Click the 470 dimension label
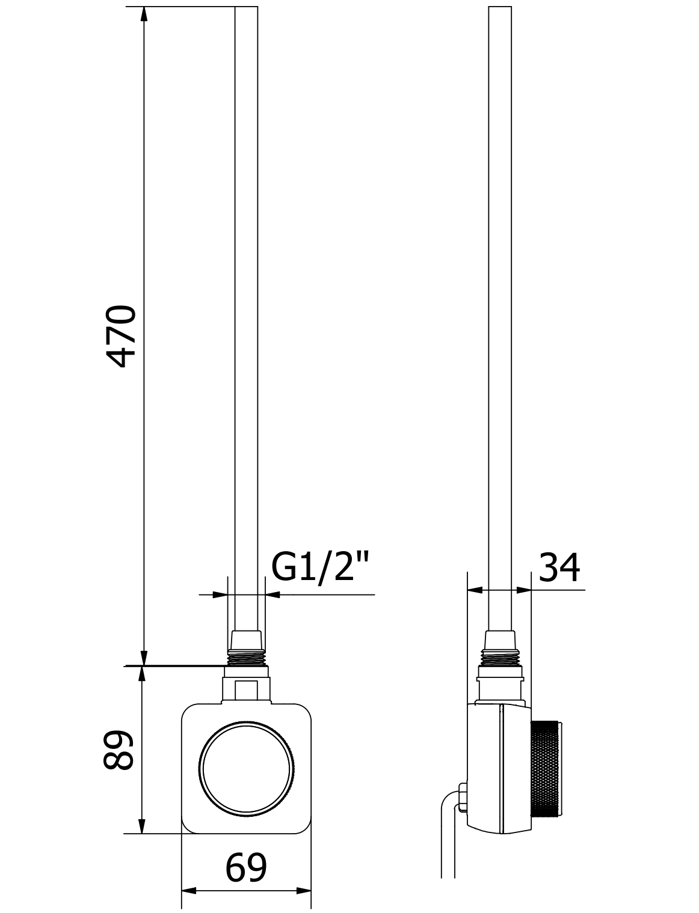click(122, 337)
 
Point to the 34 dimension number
click(559, 568)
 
